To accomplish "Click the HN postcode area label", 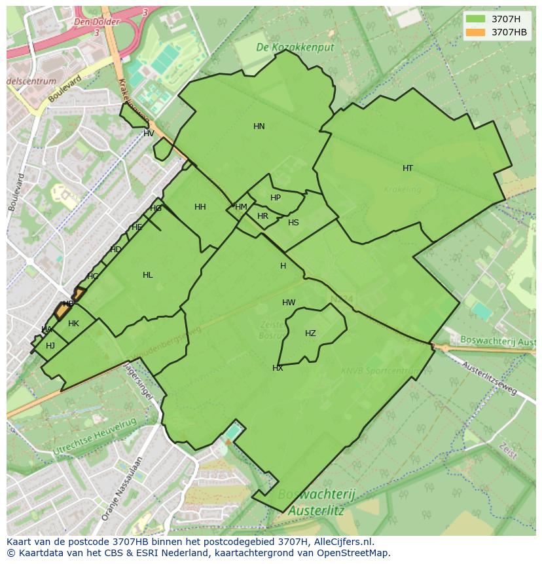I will coord(259,126).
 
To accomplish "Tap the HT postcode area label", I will coord(408,168).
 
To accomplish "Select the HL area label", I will coord(148,275).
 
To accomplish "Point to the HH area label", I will coord(200,207).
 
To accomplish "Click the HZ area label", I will coord(310,333).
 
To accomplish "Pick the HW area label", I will coord(289,303).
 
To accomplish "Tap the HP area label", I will coord(276,198).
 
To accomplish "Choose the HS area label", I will coord(293,223).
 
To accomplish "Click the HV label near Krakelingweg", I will coord(149,134).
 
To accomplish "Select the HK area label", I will coord(73,324).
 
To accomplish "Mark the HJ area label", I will coord(50,346).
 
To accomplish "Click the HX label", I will coord(278,368).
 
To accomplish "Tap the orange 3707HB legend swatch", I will coord(475,32).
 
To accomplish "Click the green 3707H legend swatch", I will coord(475,19).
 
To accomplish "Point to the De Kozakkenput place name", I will coord(295,48).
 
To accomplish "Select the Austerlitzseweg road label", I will coord(490,379).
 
